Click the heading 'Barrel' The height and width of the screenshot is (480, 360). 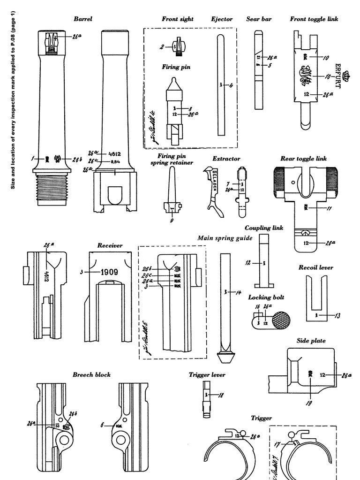click(x=83, y=19)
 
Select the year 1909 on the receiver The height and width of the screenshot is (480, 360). click(x=110, y=271)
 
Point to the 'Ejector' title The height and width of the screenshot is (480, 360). click(x=222, y=19)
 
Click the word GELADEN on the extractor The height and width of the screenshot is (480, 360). click(x=216, y=182)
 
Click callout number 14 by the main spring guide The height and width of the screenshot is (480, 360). click(x=238, y=293)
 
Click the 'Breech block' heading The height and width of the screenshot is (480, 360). click(x=91, y=375)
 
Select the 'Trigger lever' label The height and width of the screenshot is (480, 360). click(x=207, y=375)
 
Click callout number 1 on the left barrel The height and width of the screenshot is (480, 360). click(x=33, y=159)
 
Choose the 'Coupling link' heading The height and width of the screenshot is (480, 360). click(x=264, y=228)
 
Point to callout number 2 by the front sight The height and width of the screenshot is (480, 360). click(x=162, y=47)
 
